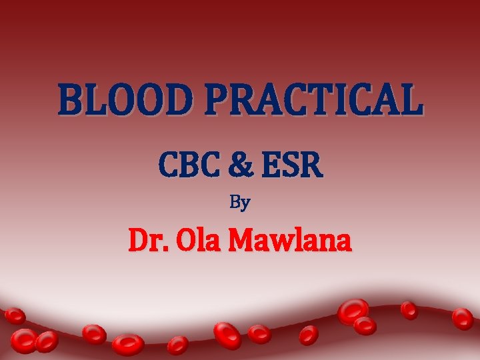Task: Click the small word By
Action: pyautogui.click(x=240, y=203)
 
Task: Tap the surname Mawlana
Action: pyautogui.click(x=289, y=241)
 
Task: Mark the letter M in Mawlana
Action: pyautogui.click(x=242, y=241)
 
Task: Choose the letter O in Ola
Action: pyautogui.click(x=182, y=241)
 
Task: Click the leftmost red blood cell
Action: pyautogui.click(x=15, y=316)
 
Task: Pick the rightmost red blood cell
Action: pyautogui.click(x=462, y=318)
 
